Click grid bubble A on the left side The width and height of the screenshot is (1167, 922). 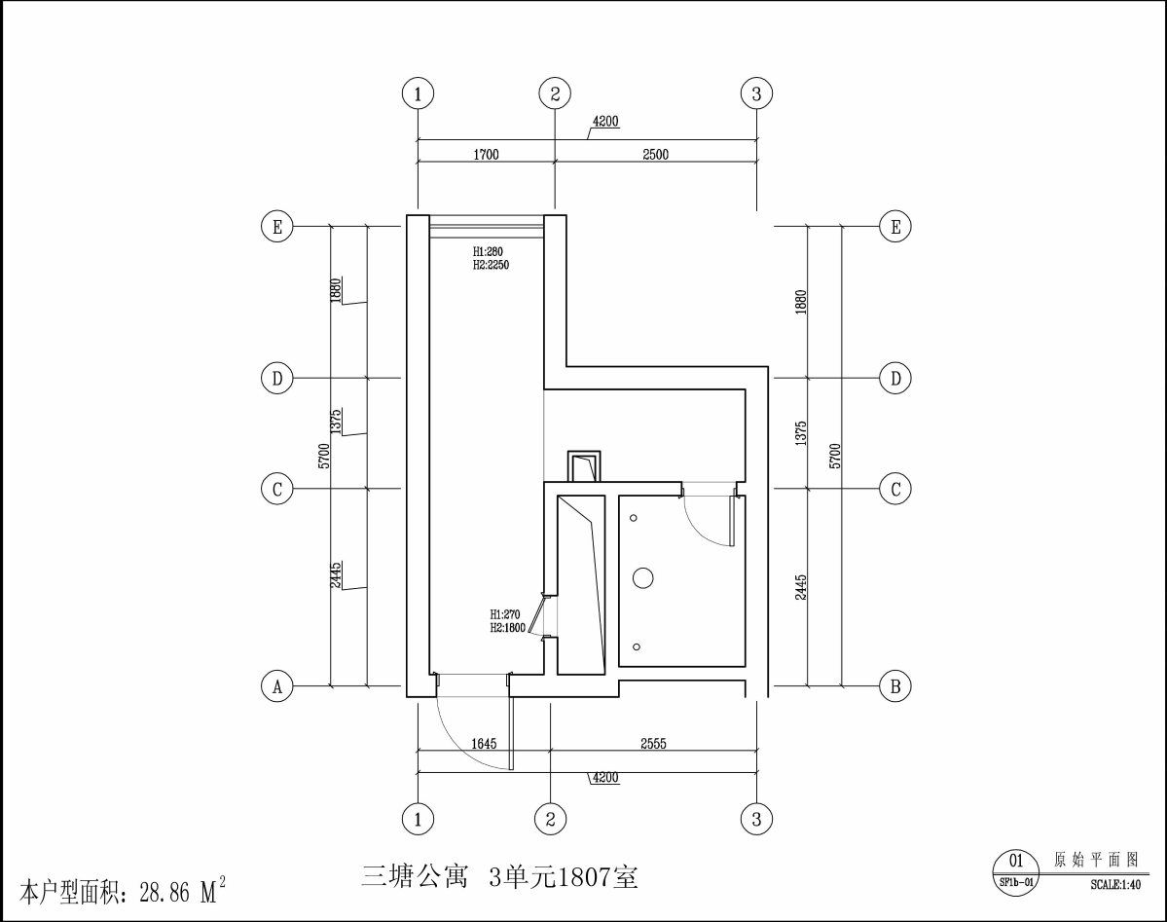(277, 686)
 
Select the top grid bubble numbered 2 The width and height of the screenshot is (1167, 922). (555, 93)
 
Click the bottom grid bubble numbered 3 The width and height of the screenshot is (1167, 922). (756, 819)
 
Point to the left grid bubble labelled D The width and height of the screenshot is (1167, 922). (277, 378)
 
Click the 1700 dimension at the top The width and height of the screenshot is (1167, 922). (487, 154)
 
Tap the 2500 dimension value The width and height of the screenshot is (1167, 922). (655, 154)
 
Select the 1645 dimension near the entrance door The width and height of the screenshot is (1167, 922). (484, 744)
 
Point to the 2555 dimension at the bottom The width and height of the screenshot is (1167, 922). (653, 744)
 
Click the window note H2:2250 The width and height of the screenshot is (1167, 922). (492, 264)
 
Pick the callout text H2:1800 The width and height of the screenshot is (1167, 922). (507, 628)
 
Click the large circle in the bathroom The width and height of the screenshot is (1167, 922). (642, 578)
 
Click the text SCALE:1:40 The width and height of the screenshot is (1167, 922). (1114, 884)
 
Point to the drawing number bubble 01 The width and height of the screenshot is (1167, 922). (1015, 860)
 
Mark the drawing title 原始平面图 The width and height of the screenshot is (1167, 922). (1096, 860)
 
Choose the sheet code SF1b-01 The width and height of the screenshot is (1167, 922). (1015, 881)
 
